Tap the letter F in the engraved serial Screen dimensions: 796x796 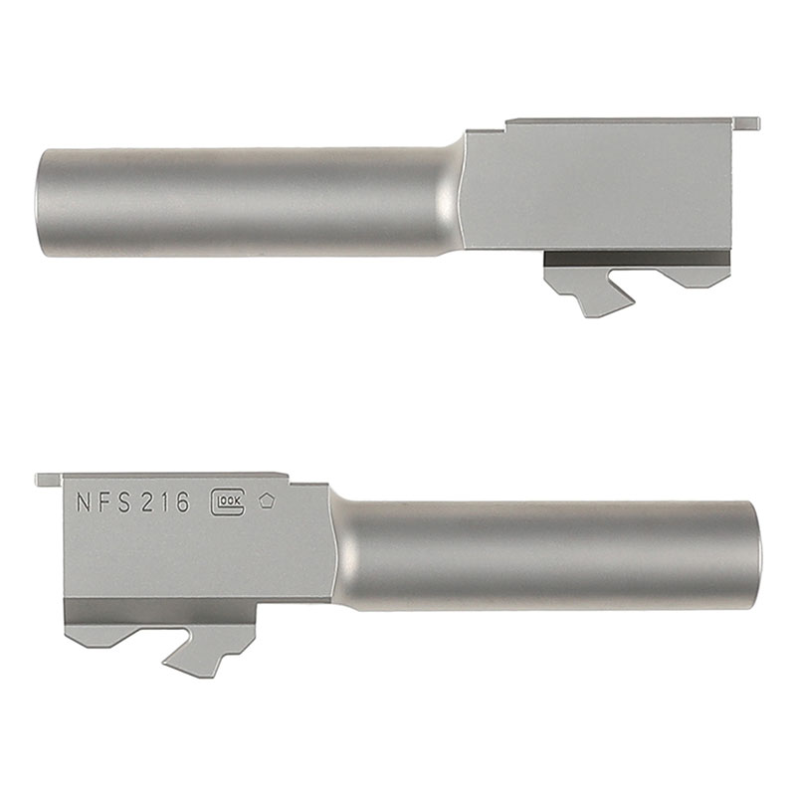click(104, 502)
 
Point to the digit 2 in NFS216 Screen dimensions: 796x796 click(147, 502)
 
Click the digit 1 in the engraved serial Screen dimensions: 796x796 click(165, 502)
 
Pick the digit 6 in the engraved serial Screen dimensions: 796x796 click(182, 502)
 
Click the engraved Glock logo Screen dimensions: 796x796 click(228, 502)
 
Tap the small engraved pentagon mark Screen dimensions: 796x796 click(267, 501)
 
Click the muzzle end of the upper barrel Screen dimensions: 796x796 click(42, 203)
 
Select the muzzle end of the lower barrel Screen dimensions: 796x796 click(755, 555)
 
